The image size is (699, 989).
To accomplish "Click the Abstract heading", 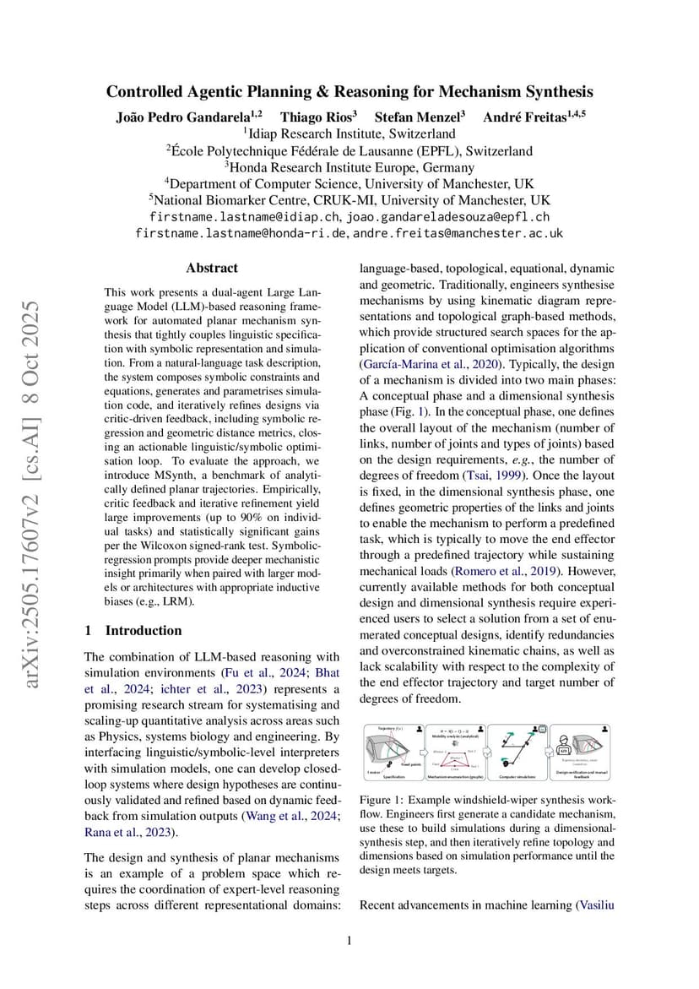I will coord(212,268).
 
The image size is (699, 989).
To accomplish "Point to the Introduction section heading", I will coord(143,630).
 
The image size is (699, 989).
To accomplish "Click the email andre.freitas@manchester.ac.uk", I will coord(458,233).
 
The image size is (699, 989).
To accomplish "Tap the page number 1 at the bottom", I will coord(349,942).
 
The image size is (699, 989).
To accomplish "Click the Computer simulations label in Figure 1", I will coord(519,776).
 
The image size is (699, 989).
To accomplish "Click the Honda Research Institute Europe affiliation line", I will coord(349,167).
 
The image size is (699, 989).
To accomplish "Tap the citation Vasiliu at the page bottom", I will coord(595,905).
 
